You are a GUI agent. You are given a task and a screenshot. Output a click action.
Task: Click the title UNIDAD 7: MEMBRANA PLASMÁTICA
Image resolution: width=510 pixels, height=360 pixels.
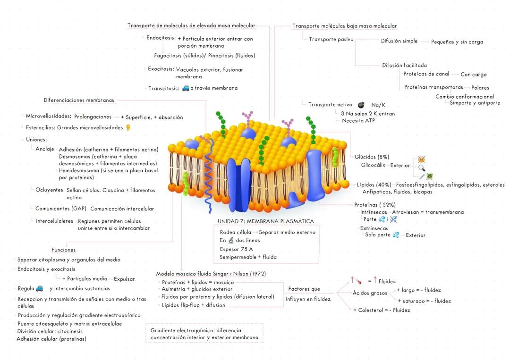coord(265,221)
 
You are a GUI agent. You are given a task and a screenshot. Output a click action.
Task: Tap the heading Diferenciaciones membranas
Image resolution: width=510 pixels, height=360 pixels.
coord(79,100)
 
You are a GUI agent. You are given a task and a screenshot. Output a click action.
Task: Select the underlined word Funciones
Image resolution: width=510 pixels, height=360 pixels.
coord(63,250)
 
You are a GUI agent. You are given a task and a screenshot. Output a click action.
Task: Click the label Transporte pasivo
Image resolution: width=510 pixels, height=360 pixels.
coord(331,39)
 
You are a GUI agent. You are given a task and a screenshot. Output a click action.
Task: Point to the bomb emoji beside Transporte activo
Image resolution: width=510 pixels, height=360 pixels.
coord(361,105)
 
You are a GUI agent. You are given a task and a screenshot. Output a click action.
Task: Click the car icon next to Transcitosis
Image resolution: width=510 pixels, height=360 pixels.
coord(186,88)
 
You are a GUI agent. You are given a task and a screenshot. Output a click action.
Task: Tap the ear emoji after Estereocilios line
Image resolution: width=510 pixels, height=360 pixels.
coord(127,127)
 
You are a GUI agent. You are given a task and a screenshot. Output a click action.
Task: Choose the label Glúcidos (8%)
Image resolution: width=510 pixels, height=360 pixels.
coord(372,157)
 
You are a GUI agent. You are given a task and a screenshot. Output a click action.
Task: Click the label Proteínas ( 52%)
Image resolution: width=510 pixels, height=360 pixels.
coord(375,205)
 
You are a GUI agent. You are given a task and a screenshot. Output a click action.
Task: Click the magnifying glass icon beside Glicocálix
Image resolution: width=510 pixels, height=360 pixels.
coord(422,167)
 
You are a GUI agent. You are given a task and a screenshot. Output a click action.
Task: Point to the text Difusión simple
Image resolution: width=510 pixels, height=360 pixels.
coord(399,41)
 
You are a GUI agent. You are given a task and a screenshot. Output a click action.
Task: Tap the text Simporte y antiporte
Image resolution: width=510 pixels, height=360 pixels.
coord(475,103)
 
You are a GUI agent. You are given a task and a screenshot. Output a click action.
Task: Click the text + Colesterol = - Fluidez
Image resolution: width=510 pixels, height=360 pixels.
coord(382,310)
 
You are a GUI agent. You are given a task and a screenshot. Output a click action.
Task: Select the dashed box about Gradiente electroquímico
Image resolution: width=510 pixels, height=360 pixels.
coord(204,334)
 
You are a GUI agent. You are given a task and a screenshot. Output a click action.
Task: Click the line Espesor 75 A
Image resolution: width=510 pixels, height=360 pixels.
coord(236,249)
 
